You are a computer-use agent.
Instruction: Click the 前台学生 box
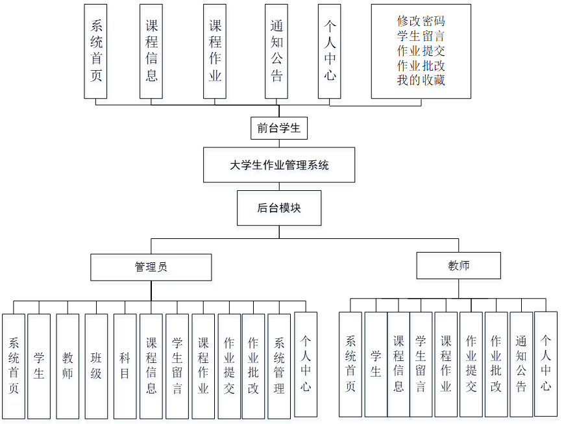[x=278, y=128]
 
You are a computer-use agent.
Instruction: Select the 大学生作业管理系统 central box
[x=279, y=165]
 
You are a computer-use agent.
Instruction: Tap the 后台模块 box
[x=279, y=208]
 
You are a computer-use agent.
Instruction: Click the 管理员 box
[x=151, y=267]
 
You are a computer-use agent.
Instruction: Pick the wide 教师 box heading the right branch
[x=458, y=266]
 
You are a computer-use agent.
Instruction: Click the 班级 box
[x=96, y=366]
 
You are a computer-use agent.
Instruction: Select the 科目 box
[x=125, y=366]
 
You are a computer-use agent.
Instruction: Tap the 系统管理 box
[x=279, y=366]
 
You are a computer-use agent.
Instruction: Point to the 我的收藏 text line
[x=421, y=81]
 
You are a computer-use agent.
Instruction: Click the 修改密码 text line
[x=421, y=21]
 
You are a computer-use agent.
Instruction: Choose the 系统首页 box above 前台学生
[x=96, y=51]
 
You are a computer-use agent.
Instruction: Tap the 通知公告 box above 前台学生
[x=276, y=51]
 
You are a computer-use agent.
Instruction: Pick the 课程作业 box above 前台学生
[x=215, y=51]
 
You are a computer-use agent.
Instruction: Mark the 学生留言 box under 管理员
[x=177, y=366]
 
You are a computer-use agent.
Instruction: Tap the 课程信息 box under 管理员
[x=151, y=366]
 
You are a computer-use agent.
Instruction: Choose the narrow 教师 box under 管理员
[x=67, y=366]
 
